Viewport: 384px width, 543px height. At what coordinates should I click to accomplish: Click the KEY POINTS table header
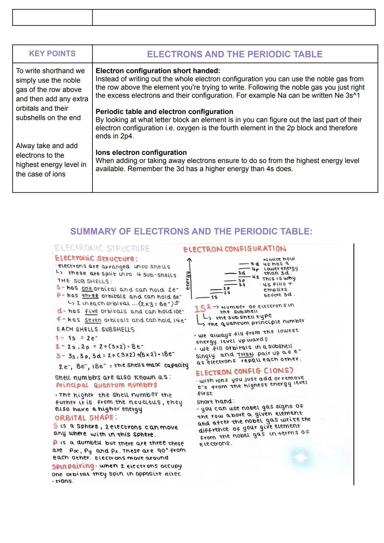click(x=52, y=54)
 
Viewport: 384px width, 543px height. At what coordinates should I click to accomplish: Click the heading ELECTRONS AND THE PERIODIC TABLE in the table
click(x=235, y=54)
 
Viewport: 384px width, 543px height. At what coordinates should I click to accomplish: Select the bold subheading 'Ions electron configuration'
click(x=141, y=152)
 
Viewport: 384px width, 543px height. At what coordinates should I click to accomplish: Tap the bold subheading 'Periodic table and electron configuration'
click(x=164, y=112)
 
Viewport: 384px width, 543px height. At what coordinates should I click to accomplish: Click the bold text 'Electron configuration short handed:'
click(x=158, y=71)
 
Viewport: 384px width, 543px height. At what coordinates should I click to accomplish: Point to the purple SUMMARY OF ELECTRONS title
click(x=191, y=232)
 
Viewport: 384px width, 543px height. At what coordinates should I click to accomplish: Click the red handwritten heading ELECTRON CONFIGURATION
click(x=235, y=249)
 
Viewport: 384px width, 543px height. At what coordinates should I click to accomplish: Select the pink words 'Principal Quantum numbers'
click(x=106, y=385)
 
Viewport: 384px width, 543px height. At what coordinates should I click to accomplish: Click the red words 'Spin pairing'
click(x=73, y=466)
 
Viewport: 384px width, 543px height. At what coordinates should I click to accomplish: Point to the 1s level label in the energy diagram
click(x=214, y=297)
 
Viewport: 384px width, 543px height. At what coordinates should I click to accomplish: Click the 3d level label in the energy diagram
click(x=241, y=273)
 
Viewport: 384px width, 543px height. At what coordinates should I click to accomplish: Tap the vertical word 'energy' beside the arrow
click(x=187, y=278)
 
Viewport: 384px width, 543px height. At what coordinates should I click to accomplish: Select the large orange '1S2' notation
click(x=202, y=309)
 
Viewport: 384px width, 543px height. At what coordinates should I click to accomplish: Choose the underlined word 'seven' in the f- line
click(x=93, y=320)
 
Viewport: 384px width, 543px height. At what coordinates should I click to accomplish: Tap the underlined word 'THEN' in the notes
click(x=245, y=354)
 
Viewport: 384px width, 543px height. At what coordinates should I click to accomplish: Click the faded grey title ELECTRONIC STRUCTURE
click(x=102, y=249)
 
